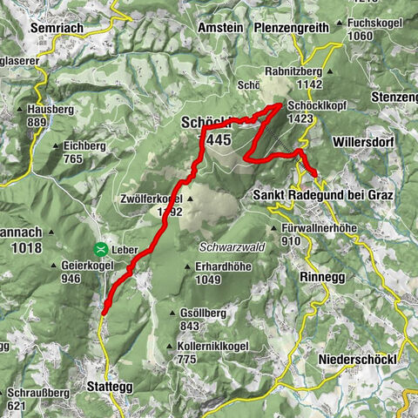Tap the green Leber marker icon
tap(101, 248)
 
